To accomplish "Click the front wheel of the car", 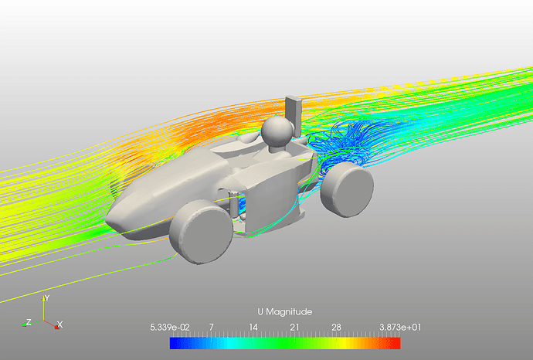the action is (x=201, y=232).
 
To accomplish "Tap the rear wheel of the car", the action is (x=347, y=188).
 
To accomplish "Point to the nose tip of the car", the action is (x=108, y=219).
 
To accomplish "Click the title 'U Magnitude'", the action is (x=285, y=312).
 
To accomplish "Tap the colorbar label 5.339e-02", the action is (x=170, y=328).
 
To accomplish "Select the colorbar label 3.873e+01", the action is (x=400, y=328).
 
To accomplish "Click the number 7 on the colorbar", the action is (x=212, y=328).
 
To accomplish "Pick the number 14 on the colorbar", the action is (x=253, y=328).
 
